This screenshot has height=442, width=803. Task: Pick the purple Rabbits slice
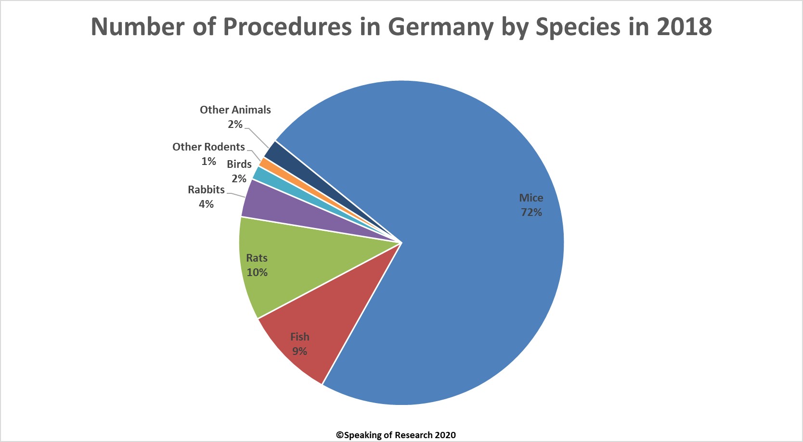[270, 207]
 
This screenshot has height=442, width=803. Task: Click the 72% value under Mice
[531, 212]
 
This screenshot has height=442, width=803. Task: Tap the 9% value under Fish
[299, 351]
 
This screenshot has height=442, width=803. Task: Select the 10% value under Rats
[257, 272]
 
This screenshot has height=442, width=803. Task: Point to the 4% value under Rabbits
[206, 204]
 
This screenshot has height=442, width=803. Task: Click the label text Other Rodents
[208, 147]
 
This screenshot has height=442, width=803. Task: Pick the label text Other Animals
[235, 110]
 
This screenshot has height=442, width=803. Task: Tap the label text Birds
[239, 164]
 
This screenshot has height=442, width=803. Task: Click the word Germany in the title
[440, 27]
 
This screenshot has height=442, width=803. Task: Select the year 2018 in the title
[684, 27]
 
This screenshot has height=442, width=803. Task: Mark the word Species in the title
[578, 27]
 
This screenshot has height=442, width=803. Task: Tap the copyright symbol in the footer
[339, 435]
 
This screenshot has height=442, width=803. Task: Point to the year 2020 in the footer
[445, 435]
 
